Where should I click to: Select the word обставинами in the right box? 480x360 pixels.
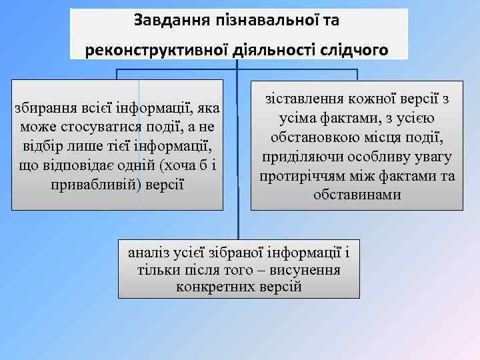coord(357,195)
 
